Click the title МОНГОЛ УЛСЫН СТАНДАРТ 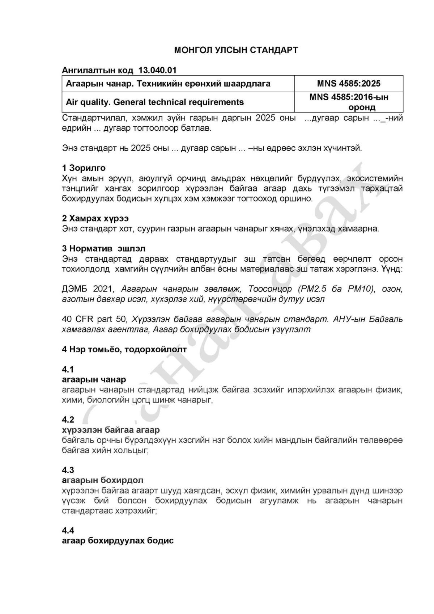[236, 50]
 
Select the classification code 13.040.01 [157, 70]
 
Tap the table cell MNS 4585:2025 [349, 84]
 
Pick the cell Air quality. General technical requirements [155, 102]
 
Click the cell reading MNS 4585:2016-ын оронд [349, 102]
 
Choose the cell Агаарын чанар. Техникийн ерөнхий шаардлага [168, 84]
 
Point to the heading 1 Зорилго [84, 168]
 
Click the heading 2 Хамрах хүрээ [95, 218]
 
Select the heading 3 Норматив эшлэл [104, 249]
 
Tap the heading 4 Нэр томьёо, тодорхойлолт [124, 349]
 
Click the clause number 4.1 [68, 369]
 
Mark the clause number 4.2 [68, 420]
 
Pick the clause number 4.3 [68, 470]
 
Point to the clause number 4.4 [68, 530]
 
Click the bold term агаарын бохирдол [103, 480]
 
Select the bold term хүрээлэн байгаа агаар [111, 430]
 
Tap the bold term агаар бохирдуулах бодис [118, 541]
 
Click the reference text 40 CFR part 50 [94, 319]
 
